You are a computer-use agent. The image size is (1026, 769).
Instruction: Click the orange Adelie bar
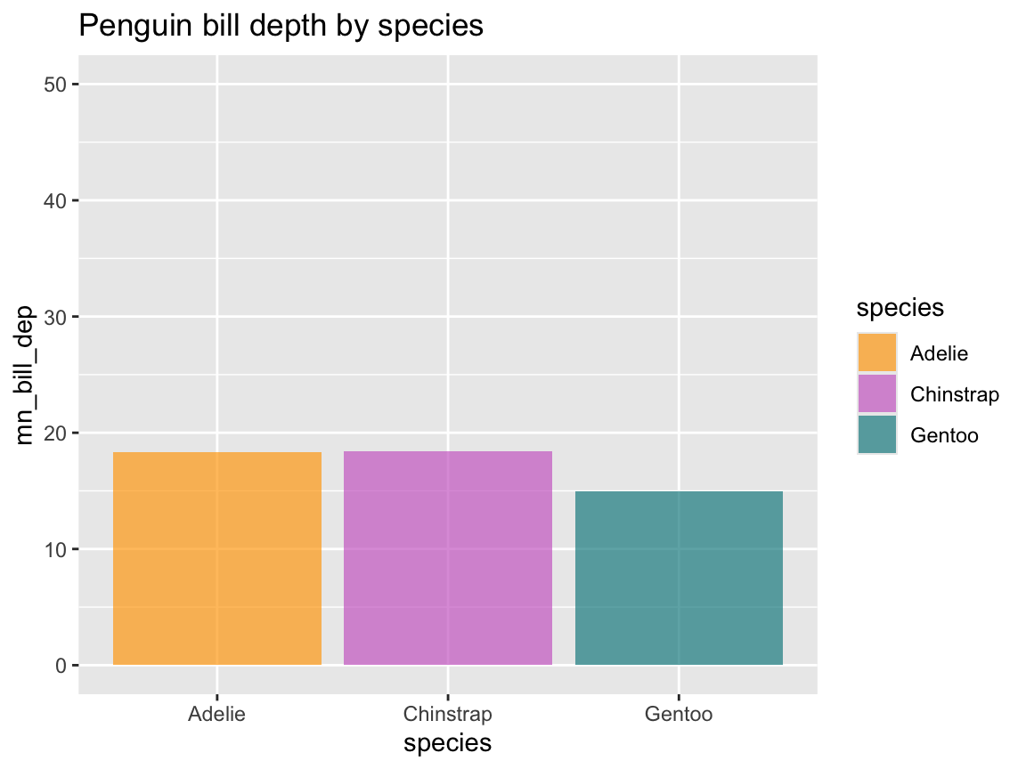(x=217, y=558)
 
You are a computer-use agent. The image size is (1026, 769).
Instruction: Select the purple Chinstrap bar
(x=448, y=558)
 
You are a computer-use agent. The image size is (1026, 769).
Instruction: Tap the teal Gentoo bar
(x=679, y=578)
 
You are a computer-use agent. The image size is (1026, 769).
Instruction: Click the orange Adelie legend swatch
(x=877, y=352)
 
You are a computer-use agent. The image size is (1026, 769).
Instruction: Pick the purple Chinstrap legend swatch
(x=877, y=393)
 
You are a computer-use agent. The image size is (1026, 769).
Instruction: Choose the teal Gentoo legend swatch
(x=877, y=434)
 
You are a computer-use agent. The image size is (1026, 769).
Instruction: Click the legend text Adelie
(x=939, y=353)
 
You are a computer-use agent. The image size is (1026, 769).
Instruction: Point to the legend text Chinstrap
(x=955, y=394)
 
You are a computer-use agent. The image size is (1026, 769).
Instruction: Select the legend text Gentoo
(x=944, y=435)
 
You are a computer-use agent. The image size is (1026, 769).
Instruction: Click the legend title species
(x=900, y=308)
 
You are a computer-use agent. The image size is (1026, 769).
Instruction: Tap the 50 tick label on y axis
(x=55, y=85)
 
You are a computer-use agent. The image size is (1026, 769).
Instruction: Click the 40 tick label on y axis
(x=55, y=201)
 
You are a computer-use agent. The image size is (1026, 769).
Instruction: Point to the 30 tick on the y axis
(x=55, y=317)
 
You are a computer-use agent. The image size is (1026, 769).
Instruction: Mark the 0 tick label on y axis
(x=61, y=665)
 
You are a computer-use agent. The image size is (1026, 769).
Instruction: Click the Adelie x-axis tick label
(x=217, y=714)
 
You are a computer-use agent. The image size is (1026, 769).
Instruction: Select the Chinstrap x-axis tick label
(x=448, y=714)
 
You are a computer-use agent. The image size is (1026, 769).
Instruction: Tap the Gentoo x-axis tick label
(x=679, y=714)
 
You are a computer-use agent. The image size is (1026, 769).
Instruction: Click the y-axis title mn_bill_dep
(x=27, y=375)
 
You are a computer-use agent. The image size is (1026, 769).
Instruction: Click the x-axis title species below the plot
(x=448, y=743)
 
